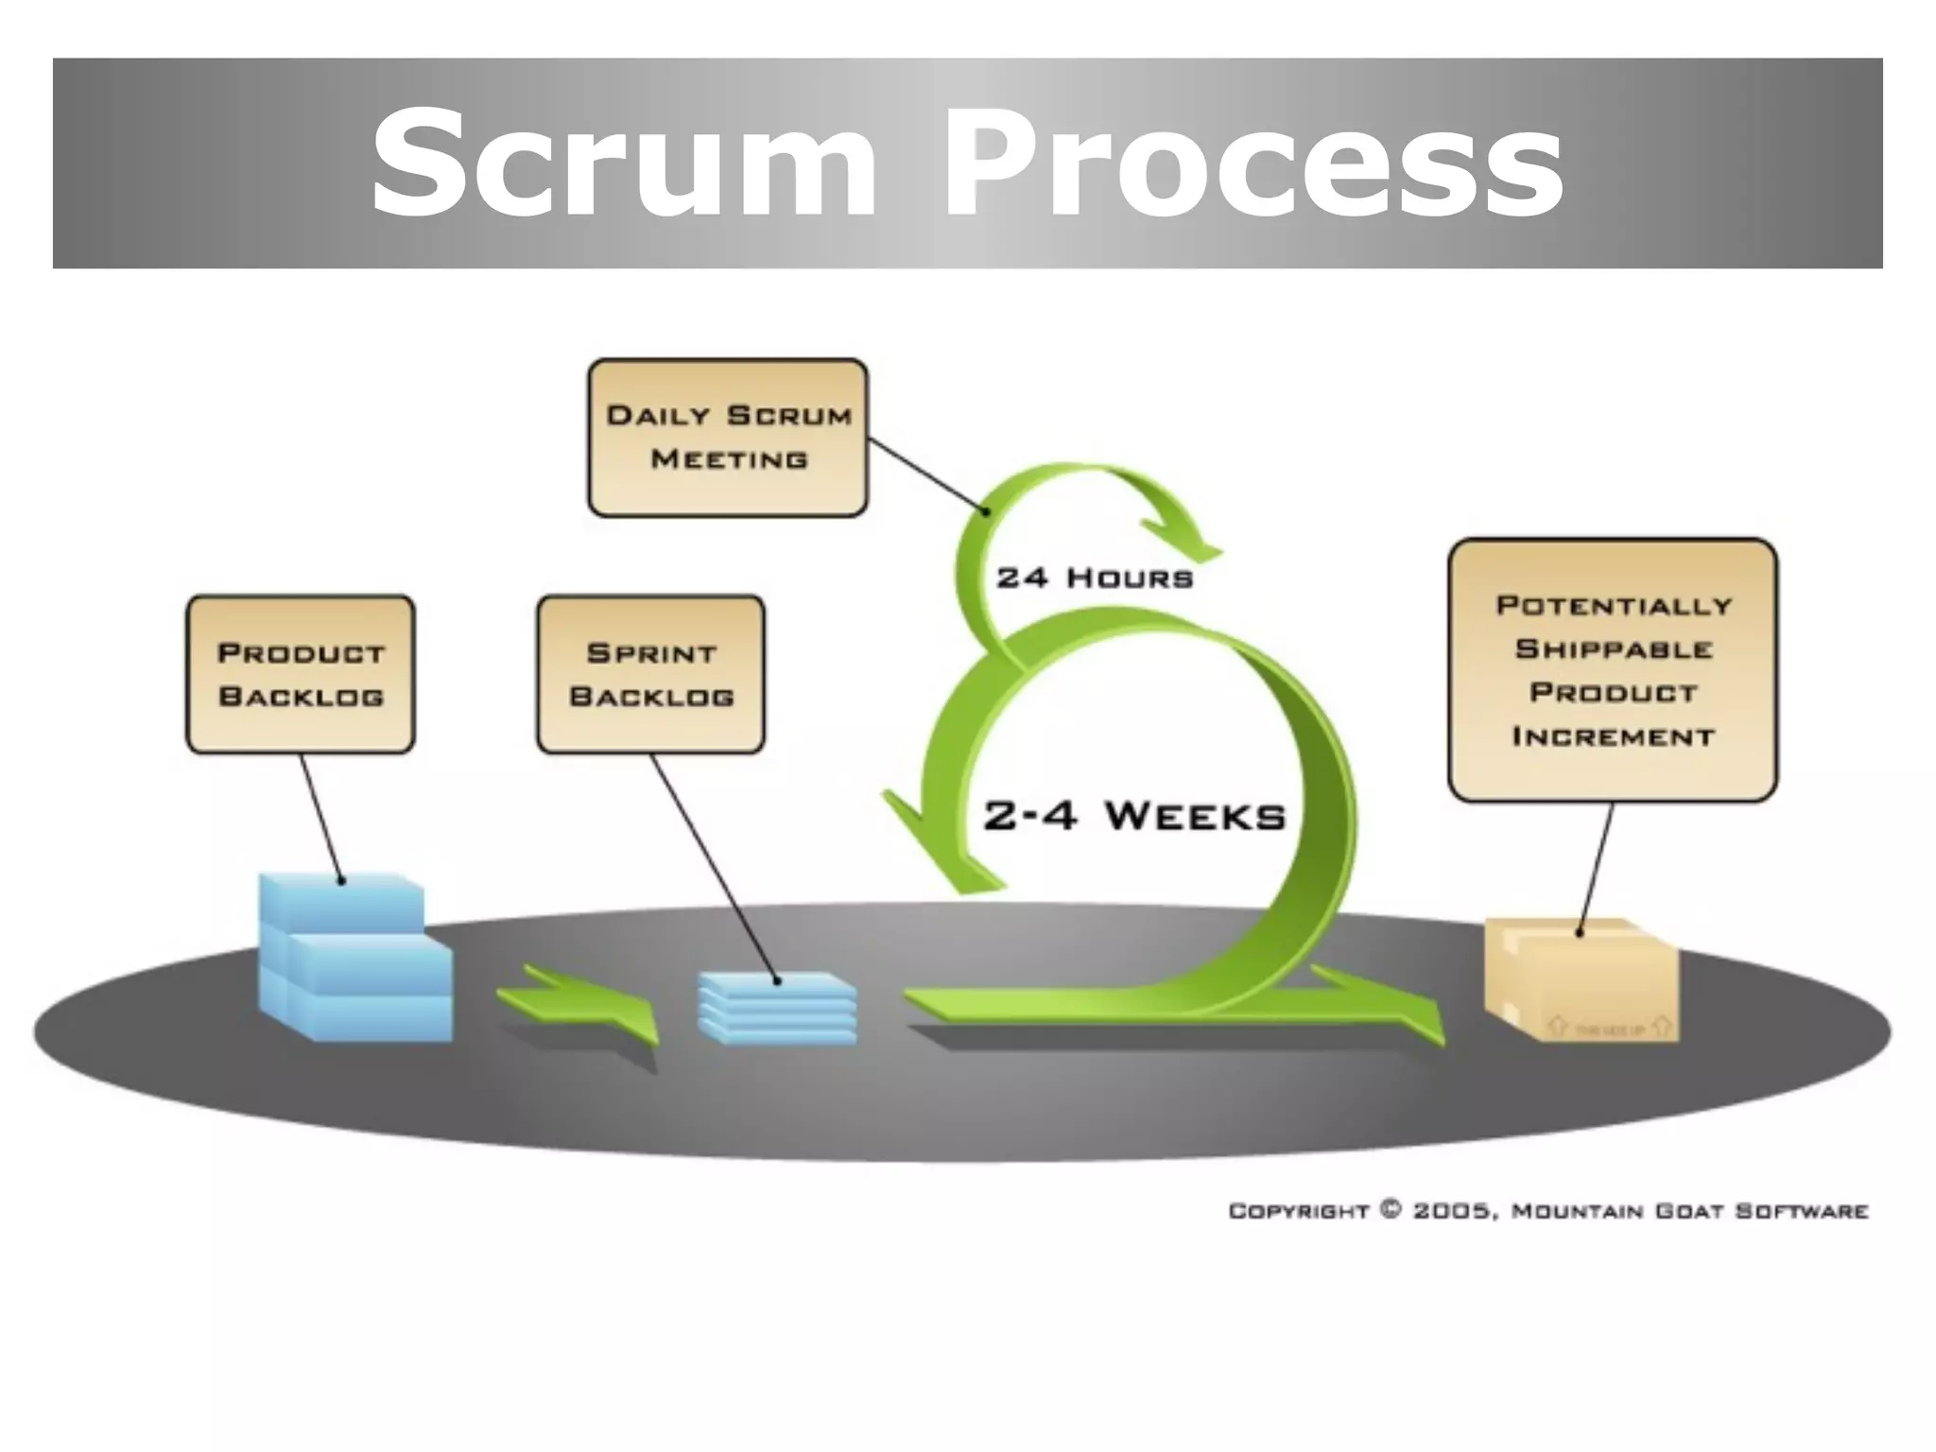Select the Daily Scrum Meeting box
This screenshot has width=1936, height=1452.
(727, 438)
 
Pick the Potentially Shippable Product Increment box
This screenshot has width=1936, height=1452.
(1613, 670)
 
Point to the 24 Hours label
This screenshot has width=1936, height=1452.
(1095, 578)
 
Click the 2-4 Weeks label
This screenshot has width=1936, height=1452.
(1134, 816)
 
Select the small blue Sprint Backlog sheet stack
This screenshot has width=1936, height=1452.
(777, 1008)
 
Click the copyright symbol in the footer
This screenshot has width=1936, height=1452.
(1391, 1210)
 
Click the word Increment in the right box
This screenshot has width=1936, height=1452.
(1613, 736)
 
